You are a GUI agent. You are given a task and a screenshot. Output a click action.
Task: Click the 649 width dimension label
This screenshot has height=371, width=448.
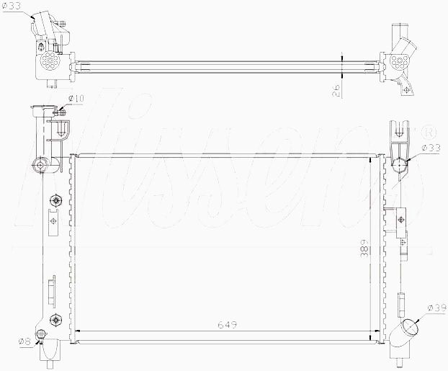point(227,325)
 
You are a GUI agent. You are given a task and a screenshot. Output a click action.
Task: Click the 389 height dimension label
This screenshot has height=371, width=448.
point(364,249)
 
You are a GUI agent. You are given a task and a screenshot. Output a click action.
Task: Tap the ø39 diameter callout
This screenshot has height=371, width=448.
point(437,308)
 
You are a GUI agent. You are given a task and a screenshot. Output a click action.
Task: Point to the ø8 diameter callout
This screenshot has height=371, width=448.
point(24,341)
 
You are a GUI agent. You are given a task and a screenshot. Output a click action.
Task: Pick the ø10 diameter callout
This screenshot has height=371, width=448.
point(76,99)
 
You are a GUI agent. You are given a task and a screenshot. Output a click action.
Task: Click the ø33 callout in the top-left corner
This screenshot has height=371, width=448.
point(11,6)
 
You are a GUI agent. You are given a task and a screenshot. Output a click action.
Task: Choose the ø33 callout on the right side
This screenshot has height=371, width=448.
point(431,148)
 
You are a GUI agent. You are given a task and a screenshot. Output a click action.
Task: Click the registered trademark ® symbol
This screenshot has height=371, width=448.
point(431,133)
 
